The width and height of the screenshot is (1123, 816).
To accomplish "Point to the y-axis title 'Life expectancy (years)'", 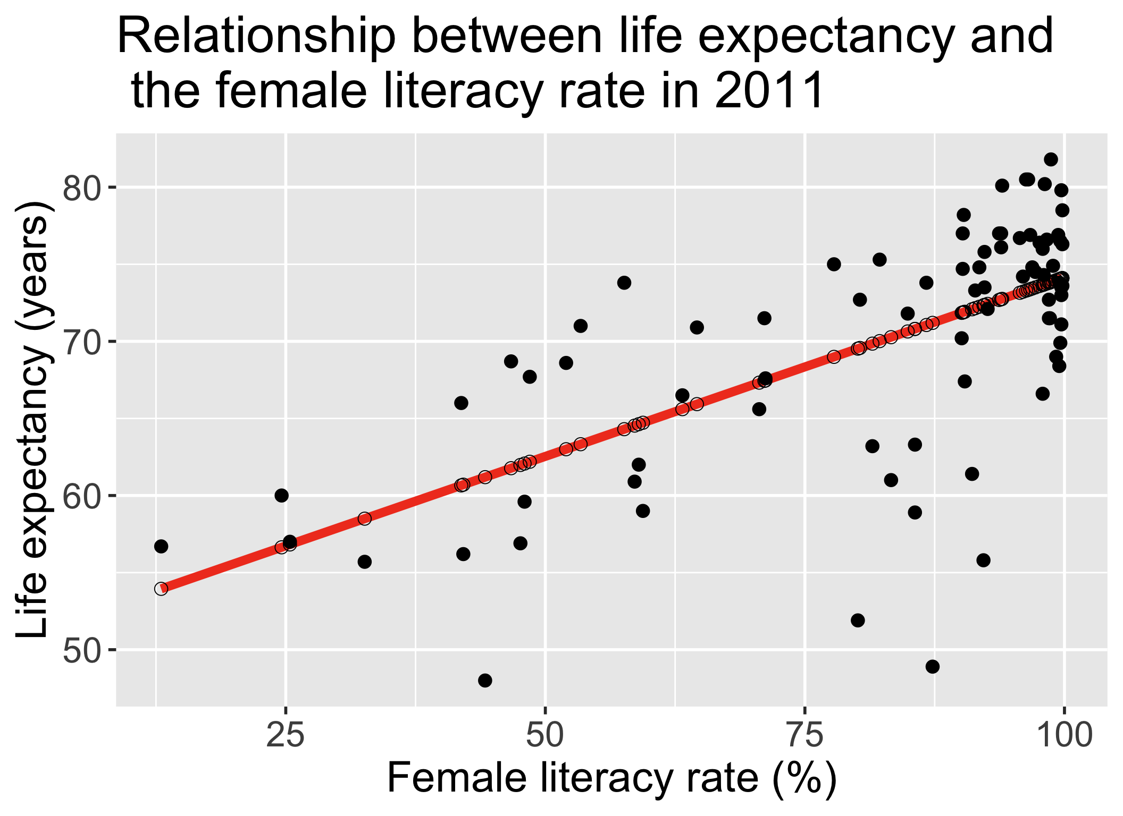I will point(33,420).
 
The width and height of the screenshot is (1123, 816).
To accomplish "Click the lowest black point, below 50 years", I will point(485,681).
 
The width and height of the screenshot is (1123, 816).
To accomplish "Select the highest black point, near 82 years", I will point(1051,159).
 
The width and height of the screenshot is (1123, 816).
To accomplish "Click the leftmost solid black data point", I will point(161,547).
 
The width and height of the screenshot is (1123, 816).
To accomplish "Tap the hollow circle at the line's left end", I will point(161,589).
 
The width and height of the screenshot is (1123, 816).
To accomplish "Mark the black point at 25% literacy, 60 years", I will point(281,496).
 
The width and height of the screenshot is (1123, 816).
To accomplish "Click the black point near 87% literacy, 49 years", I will point(932,667).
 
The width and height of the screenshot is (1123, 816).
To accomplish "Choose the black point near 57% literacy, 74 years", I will point(624,283).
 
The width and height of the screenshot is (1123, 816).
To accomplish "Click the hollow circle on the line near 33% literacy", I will point(364,518).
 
